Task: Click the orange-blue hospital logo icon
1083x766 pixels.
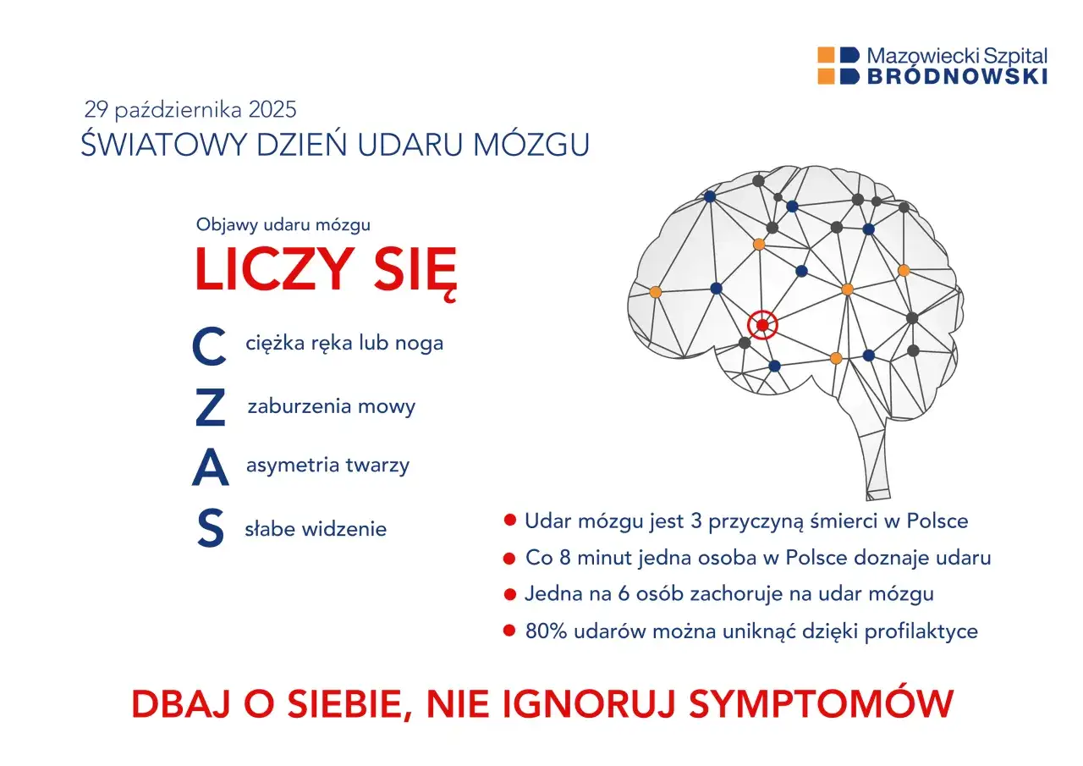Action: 838,66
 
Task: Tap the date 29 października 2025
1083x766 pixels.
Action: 190,109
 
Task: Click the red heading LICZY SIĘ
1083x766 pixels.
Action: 326,270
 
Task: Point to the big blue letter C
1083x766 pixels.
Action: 209,347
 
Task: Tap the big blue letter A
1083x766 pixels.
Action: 210,468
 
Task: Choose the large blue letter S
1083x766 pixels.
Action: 210,529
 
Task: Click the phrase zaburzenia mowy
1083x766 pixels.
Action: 331,406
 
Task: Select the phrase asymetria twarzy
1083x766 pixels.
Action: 327,465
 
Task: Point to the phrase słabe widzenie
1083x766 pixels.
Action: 316,529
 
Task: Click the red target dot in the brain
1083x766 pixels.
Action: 762,325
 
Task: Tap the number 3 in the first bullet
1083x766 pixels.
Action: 696,521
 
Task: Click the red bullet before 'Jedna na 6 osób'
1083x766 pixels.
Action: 509,594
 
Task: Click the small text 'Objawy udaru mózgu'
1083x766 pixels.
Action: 283,225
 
